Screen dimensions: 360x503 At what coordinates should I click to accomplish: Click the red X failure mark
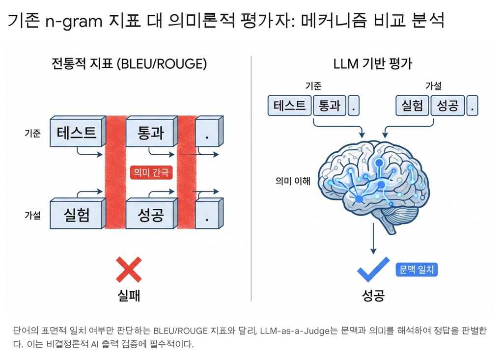click(x=129, y=269)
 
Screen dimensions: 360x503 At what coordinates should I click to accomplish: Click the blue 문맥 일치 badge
click(x=416, y=270)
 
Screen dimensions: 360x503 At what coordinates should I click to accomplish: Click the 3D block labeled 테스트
click(x=78, y=133)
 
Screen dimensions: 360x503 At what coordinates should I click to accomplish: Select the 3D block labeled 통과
click(x=150, y=133)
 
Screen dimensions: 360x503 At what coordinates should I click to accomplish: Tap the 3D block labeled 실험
click(x=78, y=215)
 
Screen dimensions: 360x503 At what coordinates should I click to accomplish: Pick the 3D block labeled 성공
click(x=150, y=215)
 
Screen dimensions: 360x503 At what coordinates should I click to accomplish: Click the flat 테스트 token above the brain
click(x=290, y=106)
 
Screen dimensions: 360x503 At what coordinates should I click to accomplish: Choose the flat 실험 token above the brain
click(x=412, y=106)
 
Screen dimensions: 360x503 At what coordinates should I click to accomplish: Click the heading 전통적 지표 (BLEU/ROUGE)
click(x=129, y=64)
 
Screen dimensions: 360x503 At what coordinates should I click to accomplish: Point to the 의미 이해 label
click(x=293, y=181)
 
